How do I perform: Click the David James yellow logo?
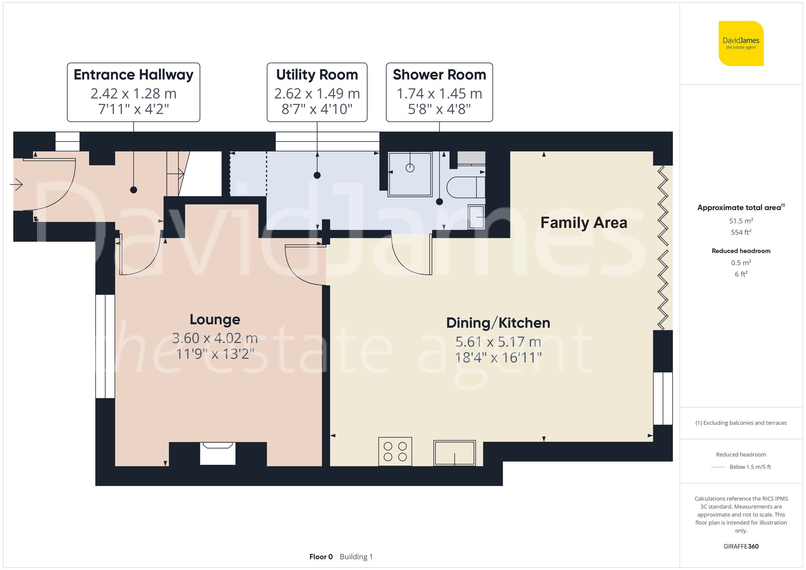[x=741, y=44]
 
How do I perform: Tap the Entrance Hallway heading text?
[x=133, y=75]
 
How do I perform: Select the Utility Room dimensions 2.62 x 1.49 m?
[x=317, y=93]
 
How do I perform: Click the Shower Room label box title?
[x=439, y=75]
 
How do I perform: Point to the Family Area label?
[x=584, y=223]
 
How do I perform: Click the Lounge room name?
[x=215, y=319]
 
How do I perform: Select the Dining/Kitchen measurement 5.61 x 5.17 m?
[x=498, y=342]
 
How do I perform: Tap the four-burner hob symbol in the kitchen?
[x=395, y=451]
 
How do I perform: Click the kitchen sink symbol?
[x=455, y=453]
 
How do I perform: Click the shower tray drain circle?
[x=410, y=168]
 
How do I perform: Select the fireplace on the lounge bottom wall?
[x=218, y=453]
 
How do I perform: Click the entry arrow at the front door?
[x=17, y=185]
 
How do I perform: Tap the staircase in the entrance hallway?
[x=177, y=174]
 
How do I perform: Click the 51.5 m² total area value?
[x=741, y=221]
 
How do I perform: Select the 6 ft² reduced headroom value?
[x=741, y=274]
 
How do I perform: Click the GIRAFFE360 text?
[x=741, y=546]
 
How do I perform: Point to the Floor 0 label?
[x=321, y=557]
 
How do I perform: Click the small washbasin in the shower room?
[x=476, y=217]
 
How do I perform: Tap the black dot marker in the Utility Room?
[x=317, y=175]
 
